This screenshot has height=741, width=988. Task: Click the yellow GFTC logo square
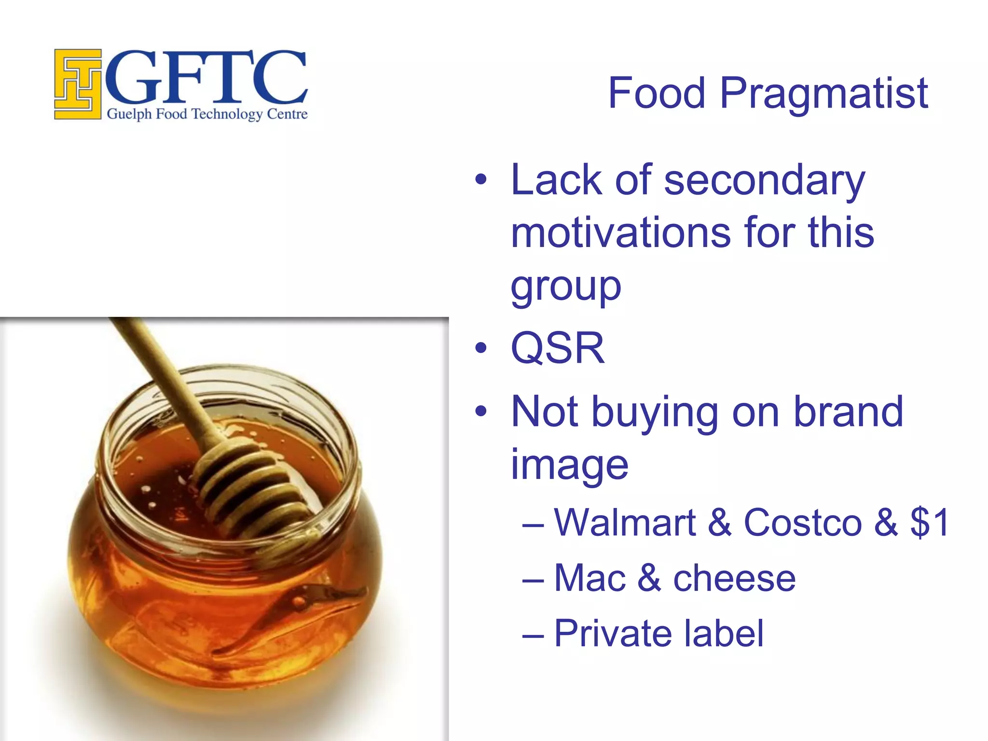[x=77, y=84]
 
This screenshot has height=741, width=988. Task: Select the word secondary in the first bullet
[x=764, y=181]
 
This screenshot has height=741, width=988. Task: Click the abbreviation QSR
[x=557, y=348]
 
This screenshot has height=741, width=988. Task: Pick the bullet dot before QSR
[x=480, y=348]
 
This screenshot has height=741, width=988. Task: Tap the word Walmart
[x=625, y=522]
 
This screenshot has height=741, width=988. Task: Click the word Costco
[x=802, y=522]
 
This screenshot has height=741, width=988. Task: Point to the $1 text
[x=930, y=522]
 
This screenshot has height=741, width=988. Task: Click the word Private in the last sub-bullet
[x=611, y=633]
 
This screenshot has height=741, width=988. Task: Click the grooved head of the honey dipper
[x=251, y=487]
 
